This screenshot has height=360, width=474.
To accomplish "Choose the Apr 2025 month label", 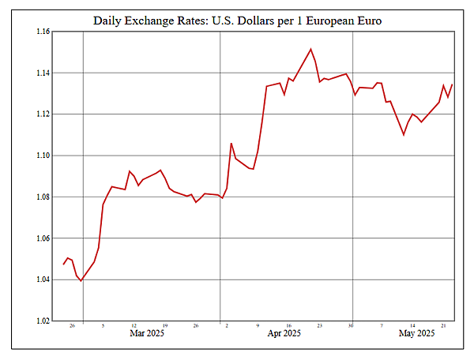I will click(284, 334).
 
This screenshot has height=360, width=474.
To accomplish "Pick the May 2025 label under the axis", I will click(416, 334).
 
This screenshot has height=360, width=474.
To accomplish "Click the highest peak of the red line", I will click(310, 49).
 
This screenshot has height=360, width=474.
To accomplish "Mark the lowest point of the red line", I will click(81, 281).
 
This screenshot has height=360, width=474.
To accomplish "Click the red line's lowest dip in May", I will click(404, 135).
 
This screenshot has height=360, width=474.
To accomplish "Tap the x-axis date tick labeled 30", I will click(351, 325).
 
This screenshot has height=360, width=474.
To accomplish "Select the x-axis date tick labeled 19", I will click(164, 325).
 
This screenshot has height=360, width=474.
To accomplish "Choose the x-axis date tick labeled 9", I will click(258, 325).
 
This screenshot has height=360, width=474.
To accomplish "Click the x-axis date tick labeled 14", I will click(412, 325).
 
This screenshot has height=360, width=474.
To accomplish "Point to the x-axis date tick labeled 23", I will click(320, 325).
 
